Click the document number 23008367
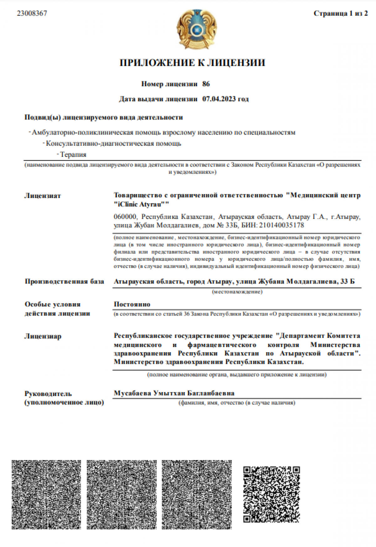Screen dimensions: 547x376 [32, 13]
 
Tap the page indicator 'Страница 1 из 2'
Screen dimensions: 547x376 [341, 13]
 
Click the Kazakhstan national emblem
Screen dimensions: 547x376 [197, 29]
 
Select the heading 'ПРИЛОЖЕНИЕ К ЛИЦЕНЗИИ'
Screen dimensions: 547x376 [192, 63]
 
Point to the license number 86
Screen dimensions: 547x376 [206, 84]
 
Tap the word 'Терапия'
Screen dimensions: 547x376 [73, 155]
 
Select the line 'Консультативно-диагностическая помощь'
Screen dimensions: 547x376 [113, 144]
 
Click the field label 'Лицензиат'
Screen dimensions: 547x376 [43, 196]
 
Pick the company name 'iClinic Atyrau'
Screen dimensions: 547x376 [141, 204]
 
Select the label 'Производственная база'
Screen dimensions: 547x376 [64, 281]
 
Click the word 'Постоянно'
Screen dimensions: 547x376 [132, 304]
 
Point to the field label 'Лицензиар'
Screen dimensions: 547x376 [43, 337]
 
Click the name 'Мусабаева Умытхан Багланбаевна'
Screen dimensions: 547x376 [174, 393]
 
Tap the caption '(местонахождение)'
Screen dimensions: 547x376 [237, 292]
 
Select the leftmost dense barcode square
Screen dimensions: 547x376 [46, 495]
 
